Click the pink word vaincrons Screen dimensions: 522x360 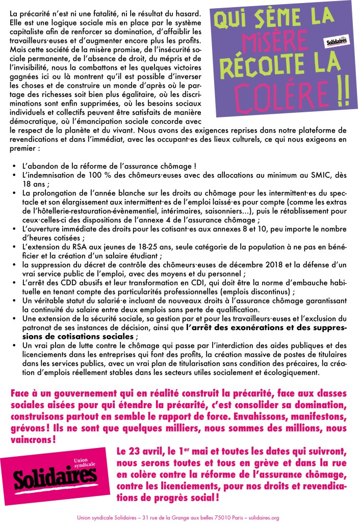pos(31,438)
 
